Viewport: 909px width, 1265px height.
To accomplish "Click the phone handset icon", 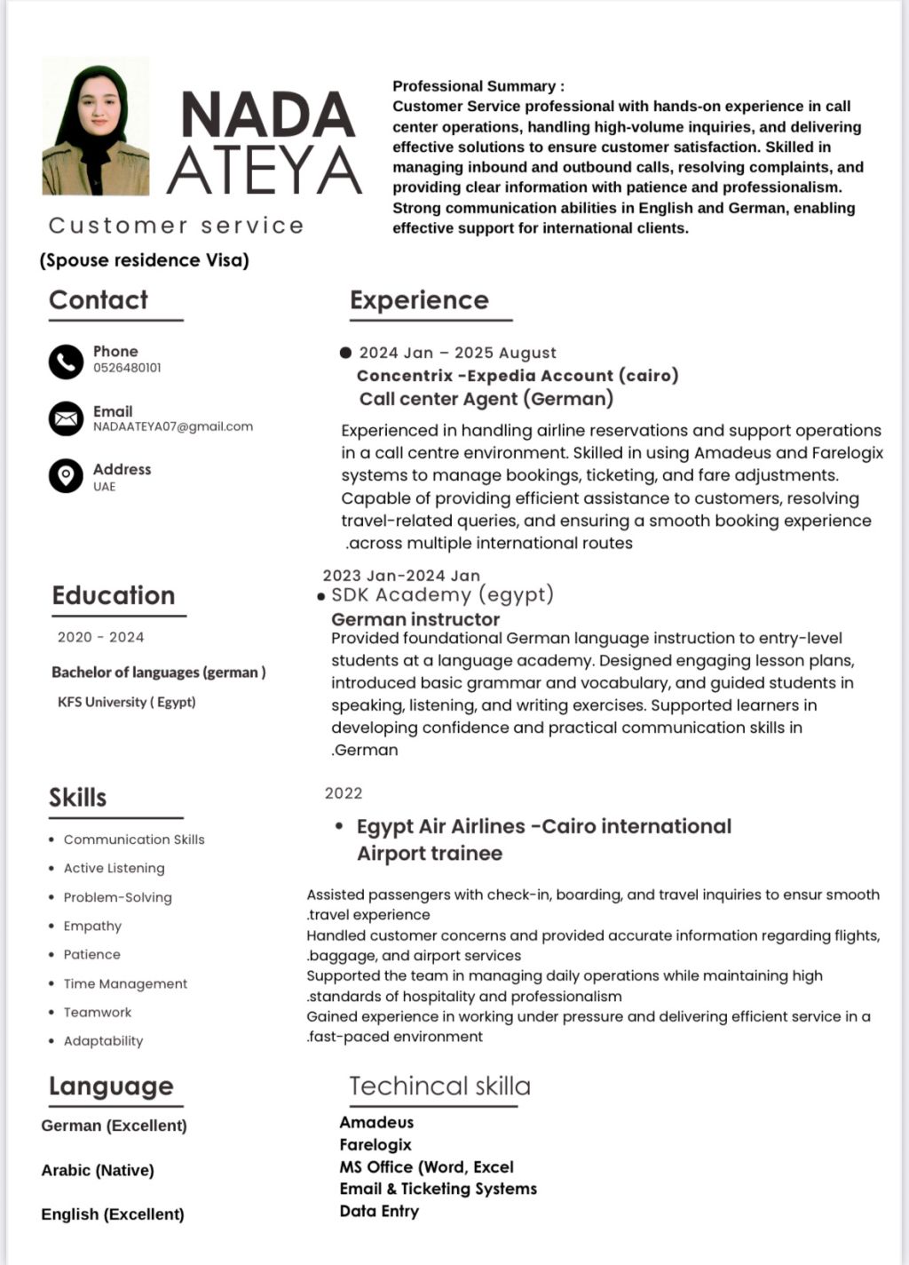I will click(x=66, y=362).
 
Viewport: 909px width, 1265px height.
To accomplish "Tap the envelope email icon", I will click(x=66, y=418).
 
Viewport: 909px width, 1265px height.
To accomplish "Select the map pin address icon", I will click(x=66, y=476).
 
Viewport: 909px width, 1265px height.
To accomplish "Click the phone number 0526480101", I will click(x=127, y=368).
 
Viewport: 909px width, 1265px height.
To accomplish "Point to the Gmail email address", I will click(x=173, y=426).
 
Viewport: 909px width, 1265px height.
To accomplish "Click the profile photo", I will click(x=96, y=127).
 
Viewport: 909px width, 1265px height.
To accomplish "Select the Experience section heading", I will click(x=419, y=300).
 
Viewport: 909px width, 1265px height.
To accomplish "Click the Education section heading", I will click(x=114, y=595).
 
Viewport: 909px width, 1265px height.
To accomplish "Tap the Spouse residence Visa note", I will click(x=145, y=260).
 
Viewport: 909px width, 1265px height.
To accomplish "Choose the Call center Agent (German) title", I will click(x=486, y=399).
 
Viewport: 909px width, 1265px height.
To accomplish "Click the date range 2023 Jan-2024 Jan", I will click(x=401, y=576).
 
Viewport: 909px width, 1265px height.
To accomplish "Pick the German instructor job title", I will click(x=415, y=619).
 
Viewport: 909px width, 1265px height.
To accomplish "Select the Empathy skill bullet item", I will click(x=92, y=926).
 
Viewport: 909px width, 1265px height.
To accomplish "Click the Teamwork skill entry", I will click(x=98, y=1012).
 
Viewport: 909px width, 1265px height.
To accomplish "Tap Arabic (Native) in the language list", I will click(x=98, y=1170).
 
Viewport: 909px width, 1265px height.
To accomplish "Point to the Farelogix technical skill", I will click(x=375, y=1144).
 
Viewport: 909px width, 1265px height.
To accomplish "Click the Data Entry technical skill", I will click(x=379, y=1211).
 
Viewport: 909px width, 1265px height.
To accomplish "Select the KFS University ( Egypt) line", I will click(x=127, y=702).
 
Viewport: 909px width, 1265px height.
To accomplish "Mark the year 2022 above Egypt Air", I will click(x=344, y=793).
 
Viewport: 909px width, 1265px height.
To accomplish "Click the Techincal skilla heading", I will click(x=439, y=1086).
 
